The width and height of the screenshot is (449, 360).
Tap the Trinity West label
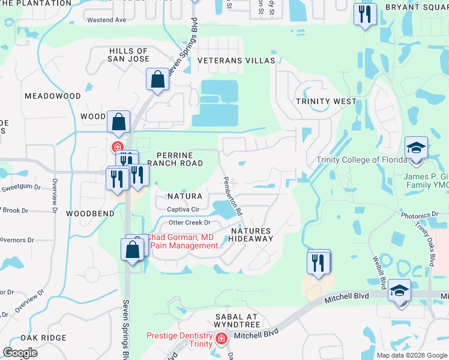(326, 101)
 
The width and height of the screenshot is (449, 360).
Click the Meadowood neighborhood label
(53, 96)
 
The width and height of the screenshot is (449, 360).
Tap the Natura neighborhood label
(184, 196)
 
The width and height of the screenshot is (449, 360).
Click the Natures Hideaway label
(252, 234)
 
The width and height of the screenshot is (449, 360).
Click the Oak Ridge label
(43, 338)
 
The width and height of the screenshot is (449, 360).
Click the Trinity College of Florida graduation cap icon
(416, 148)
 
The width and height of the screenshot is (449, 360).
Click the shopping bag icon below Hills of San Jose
(157, 79)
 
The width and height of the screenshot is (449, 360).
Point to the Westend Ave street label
(107, 20)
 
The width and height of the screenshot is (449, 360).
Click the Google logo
(20, 353)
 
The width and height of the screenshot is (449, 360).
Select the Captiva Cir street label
(182, 209)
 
